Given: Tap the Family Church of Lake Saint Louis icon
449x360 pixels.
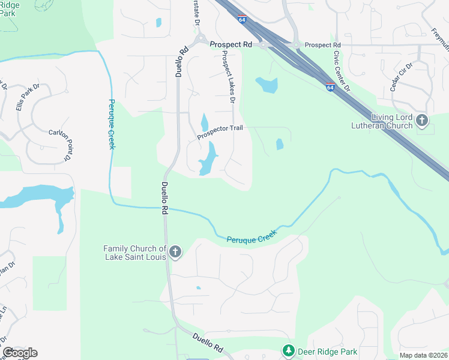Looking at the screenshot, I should click(x=175, y=252).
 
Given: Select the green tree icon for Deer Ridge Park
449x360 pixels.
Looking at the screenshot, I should click(x=288, y=351).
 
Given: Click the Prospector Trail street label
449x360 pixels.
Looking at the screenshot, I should click(x=220, y=134).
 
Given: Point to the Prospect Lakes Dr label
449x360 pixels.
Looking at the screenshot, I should click(x=227, y=77).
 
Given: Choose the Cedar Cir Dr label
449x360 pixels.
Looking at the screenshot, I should click(x=402, y=76).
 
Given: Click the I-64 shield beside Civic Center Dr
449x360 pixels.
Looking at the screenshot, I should click(x=331, y=87).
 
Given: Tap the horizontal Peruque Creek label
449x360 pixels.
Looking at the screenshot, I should click(x=252, y=236).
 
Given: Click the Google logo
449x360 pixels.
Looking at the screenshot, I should click(x=20, y=353).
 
